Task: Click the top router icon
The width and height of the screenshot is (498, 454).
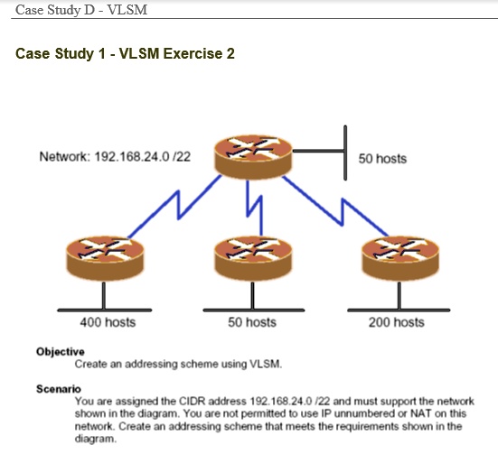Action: (x=249, y=157)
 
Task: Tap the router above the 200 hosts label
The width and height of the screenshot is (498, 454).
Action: (x=394, y=258)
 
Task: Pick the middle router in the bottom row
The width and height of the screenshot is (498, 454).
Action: (x=249, y=258)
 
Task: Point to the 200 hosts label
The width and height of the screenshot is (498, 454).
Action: (x=396, y=322)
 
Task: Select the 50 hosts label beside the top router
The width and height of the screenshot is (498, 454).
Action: (x=382, y=159)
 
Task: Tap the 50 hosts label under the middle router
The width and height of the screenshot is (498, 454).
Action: (x=252, y=322)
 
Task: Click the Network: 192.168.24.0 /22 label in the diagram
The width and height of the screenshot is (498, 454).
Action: (x=115, y=157)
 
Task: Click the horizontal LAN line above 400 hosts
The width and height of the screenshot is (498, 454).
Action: (x=103, y=309)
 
